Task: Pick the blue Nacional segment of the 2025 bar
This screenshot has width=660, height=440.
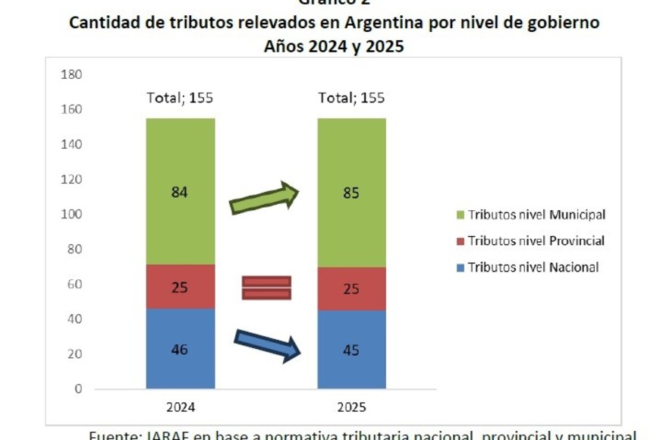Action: point(351,368)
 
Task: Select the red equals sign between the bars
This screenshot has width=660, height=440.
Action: point(266,288)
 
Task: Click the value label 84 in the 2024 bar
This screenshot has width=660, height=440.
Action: point(180,192)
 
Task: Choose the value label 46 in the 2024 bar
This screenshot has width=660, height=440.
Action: point(180,350)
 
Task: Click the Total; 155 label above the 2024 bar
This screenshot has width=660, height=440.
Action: point(180,98)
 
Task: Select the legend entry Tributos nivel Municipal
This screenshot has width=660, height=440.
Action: point(536,215)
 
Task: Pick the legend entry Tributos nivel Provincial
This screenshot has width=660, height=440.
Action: point(536,240)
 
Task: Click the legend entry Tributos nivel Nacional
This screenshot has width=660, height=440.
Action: point(533,267)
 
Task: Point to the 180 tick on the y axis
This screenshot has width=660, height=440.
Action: point(71,74)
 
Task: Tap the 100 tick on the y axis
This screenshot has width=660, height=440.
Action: point(71,215)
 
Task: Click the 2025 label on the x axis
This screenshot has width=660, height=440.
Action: point(351,407)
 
